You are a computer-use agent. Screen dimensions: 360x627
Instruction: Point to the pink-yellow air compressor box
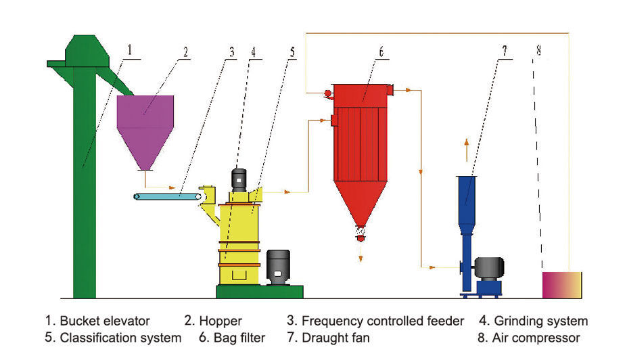pyautogui.click(x=562, y=284)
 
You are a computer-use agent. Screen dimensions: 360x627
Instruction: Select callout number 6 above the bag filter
pyautogui.click(x=381, y=51)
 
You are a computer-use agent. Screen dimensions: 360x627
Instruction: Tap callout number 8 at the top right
pyautogui.click(x=538, y=49)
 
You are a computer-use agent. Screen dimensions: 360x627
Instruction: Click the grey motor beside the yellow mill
pyautogui.click(x=278, y=267)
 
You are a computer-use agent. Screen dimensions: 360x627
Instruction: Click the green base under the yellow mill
pyautogui.click(x=259, y=292)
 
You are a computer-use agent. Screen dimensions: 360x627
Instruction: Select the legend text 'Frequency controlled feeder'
pyautogui.click(x=383, y=321)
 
